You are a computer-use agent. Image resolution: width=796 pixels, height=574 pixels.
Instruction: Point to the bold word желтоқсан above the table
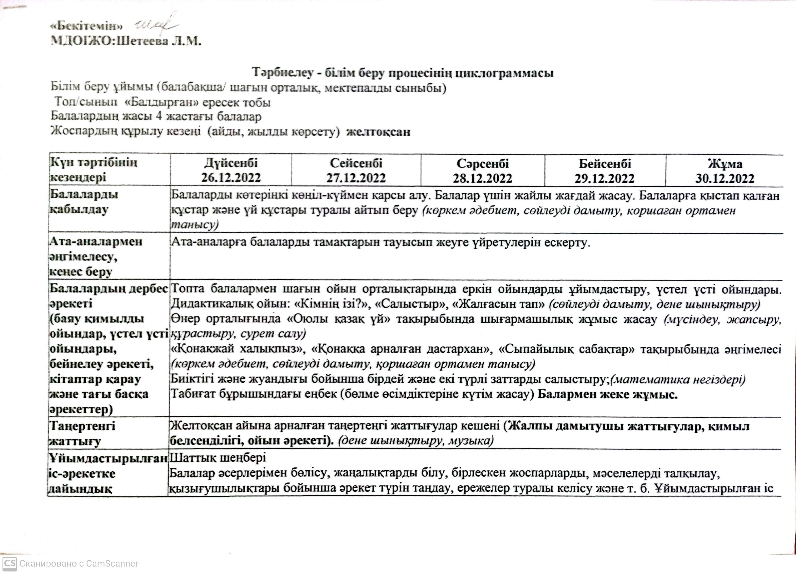click(378, 132)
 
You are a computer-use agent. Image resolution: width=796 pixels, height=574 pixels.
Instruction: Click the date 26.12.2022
click(231, 178)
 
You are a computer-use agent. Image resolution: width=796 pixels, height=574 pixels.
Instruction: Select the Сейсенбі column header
click(356, 163)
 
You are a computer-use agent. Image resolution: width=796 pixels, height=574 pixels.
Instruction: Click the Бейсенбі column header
click(605, 163)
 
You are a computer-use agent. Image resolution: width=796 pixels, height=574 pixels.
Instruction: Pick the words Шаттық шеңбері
click(218, 457)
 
